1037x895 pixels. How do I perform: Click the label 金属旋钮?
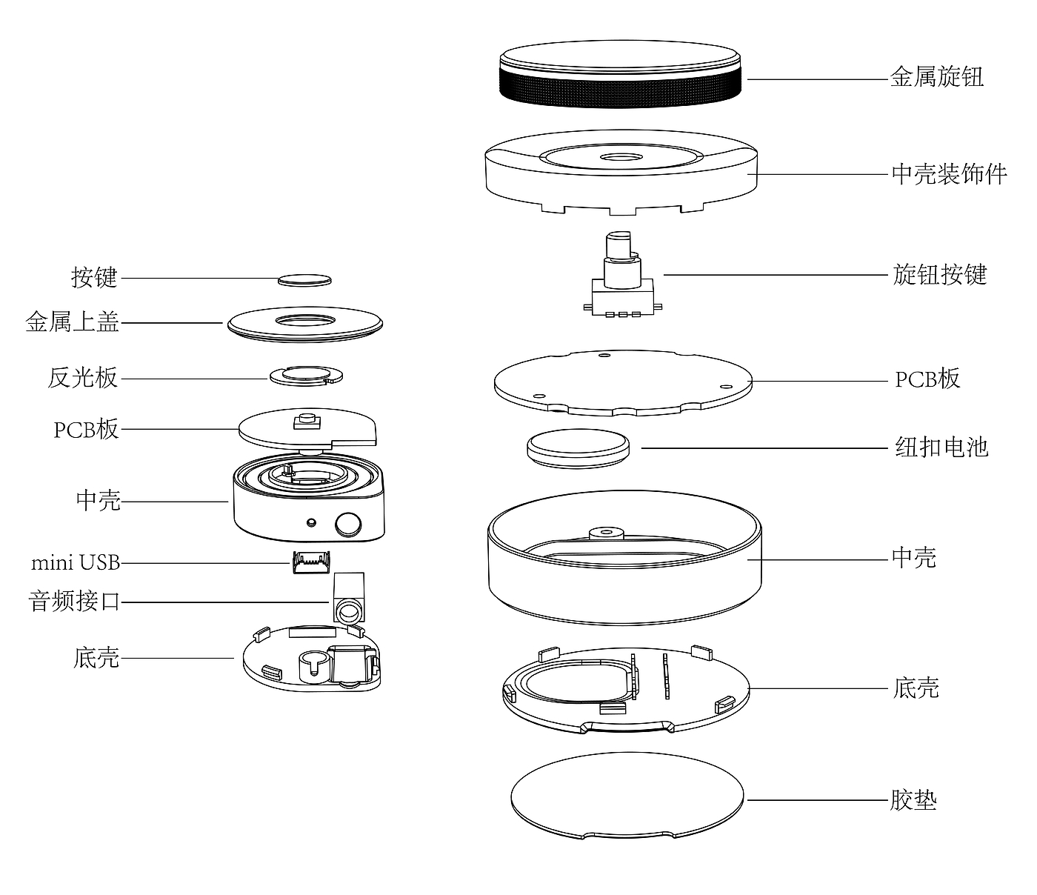937,77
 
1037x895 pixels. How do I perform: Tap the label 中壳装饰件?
949,174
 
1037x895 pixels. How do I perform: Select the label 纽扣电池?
941,447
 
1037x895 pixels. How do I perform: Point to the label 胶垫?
913,799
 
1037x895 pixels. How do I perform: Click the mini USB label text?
76,562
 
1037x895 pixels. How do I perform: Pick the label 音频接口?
74,601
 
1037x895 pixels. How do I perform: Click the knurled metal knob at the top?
621,74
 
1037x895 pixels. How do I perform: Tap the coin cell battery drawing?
578,448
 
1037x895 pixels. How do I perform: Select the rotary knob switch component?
623,275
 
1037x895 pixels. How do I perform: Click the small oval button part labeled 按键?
304,280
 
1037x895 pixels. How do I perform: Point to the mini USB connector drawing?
312,562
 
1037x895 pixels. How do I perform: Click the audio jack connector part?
348,598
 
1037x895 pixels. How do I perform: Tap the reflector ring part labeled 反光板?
306,376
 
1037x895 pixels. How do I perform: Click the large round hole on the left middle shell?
348,524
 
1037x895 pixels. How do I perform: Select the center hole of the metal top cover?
305,320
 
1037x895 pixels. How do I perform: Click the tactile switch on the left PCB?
307,421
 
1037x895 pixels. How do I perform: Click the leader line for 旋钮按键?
776,275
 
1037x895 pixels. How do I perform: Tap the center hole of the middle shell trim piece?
621,158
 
